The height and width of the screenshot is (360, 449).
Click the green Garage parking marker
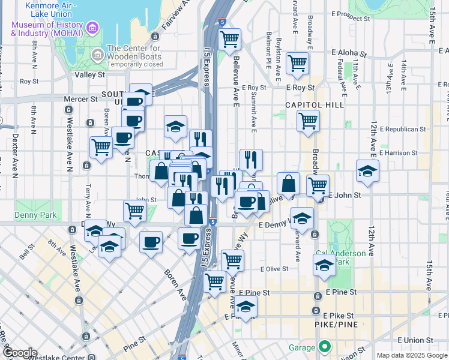pos(325,347)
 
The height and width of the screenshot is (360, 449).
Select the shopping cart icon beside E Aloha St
pos(297,62)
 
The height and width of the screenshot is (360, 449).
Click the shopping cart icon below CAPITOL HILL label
pos(308,121)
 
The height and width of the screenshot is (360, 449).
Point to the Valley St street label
pos(90,75)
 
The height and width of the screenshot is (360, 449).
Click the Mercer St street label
pos(85,99)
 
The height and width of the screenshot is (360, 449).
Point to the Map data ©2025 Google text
pos(411,355)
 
